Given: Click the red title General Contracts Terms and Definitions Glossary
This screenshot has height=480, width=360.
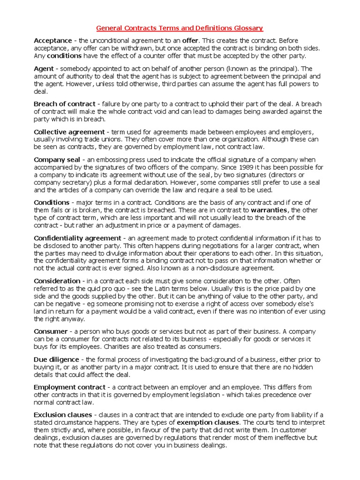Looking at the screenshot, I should (x=180, y=28).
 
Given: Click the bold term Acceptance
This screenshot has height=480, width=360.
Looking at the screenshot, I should (x=53, y=41).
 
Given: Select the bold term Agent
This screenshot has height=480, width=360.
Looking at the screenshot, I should (x=44, y=69).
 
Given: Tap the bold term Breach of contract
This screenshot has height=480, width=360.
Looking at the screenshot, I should (x=64, y=104).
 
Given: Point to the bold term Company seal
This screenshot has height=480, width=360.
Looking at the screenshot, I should (x=57, y=160).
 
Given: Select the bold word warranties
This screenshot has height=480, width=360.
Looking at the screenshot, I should (x=270, y=210).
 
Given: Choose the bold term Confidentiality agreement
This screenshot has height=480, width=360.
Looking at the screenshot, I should (x=77, y=238).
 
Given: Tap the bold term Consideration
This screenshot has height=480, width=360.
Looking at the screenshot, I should (x=57, y=281).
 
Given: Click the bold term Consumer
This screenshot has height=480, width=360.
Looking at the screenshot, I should (x=51, y=331).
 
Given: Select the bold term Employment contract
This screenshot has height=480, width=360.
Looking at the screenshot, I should (x=69, y=387).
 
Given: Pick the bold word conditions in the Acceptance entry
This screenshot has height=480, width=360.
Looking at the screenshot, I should (x=64, y=56).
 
